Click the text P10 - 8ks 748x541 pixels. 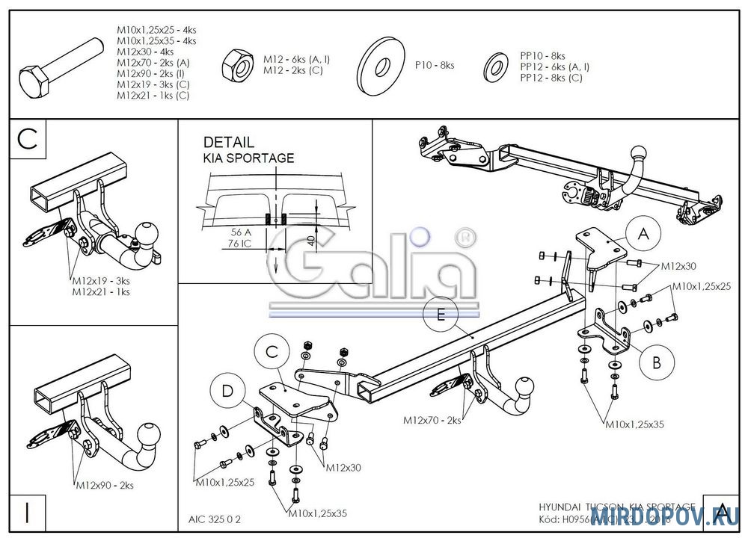(x=435, y=66)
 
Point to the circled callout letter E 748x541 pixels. (x=441, y=315)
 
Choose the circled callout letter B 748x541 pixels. (x=656, y=362)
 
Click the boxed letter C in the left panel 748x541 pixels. (x=27, y=140)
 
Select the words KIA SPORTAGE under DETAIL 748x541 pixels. (x=249, y=158)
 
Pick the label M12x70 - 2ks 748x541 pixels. (x=430, y=421)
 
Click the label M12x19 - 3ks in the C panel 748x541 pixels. (x=101, y=281)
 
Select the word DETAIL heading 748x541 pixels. (x=229, y=142)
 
